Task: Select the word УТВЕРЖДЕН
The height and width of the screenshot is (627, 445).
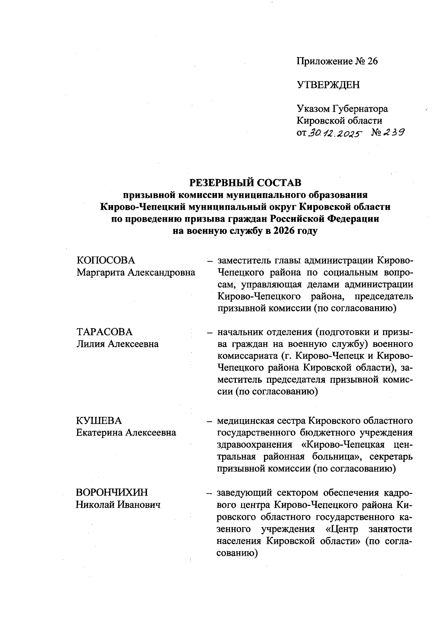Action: point(328,85)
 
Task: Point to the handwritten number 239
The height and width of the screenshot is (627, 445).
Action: point(393,132)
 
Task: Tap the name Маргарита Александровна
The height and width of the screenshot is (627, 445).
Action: point(136,272)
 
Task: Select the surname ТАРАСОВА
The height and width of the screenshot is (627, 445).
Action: point(104,332)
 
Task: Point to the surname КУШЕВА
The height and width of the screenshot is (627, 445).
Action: point(99,421)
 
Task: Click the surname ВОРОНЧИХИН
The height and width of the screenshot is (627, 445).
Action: point(112,492)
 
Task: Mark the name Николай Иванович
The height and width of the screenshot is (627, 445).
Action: point(118,504)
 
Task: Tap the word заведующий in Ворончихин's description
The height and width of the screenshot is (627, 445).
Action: point(244,493)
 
